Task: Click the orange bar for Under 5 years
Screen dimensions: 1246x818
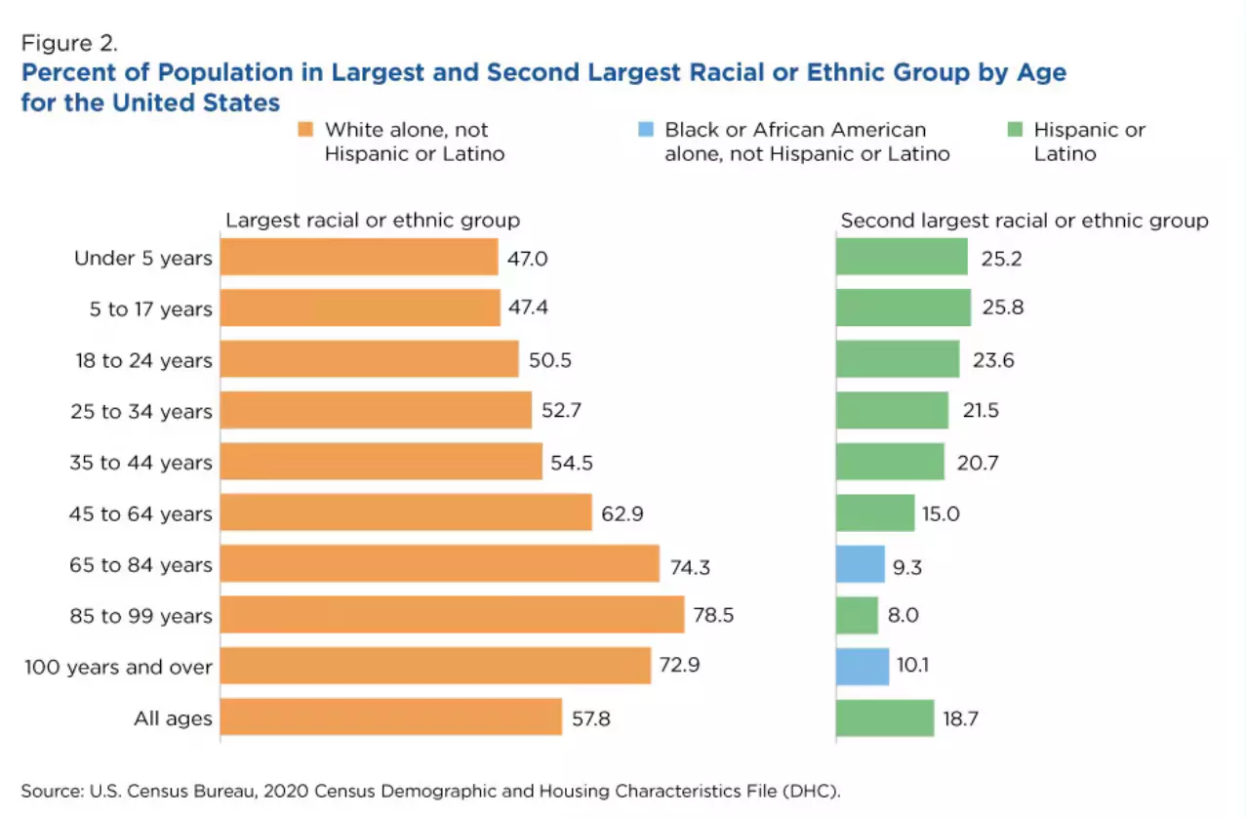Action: pos(359,257)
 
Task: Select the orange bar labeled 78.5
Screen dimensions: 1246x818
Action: pos(452,615)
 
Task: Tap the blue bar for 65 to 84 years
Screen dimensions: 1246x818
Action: pos(861,564)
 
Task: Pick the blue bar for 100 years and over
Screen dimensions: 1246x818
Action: pos(863,667)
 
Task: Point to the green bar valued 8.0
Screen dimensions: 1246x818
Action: pos(858,615)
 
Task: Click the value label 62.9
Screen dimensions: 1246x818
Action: pos(623,513)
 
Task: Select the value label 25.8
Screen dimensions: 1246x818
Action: pos(1003,307)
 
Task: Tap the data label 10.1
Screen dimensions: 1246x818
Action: pos(913,665)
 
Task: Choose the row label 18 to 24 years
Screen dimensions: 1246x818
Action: pos(144,360)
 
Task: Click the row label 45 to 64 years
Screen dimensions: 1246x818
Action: pos(141,513)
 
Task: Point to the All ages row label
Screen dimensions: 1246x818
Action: pos(173,718)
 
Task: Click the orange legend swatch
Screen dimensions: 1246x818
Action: pos(305,129)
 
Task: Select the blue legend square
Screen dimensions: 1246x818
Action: pos(646,129)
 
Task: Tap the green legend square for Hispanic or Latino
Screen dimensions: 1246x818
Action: pos(1015,129)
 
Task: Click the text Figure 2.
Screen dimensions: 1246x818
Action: pos(69,43)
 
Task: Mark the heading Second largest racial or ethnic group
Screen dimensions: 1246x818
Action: pos(1025,221)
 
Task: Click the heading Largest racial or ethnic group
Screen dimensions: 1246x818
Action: pos(373,221)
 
